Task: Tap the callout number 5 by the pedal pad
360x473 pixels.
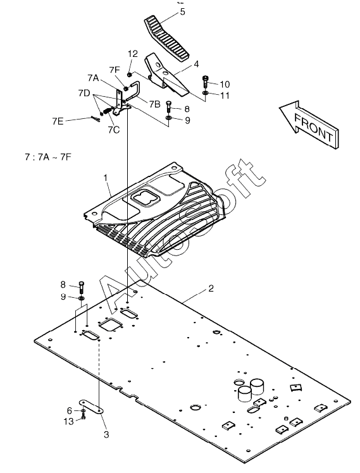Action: click(183, 12)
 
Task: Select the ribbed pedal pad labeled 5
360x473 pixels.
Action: click(167, 39)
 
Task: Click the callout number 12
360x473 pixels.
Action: click(133, 54)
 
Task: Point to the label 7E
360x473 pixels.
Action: click(58, 121)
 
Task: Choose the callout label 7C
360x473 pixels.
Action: click(114, 130)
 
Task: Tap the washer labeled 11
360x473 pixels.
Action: click(206, 93)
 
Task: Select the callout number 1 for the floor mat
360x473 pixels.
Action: click(106, 178)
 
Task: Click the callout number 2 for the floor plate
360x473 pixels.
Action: click(211, 288)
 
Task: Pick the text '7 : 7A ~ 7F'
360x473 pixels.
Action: click(48, 157)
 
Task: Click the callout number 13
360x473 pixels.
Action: click(69, 421)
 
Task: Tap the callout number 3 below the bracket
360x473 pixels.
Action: click(106, 434)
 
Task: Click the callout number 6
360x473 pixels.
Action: click(70, 410)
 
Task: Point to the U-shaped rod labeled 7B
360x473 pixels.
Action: click(133, 90)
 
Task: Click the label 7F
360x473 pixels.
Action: click(115, 70)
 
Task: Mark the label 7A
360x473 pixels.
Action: click(94, 78)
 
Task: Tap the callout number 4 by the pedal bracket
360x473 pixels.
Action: click(196, 64)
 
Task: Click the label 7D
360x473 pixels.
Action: click(84, 93)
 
